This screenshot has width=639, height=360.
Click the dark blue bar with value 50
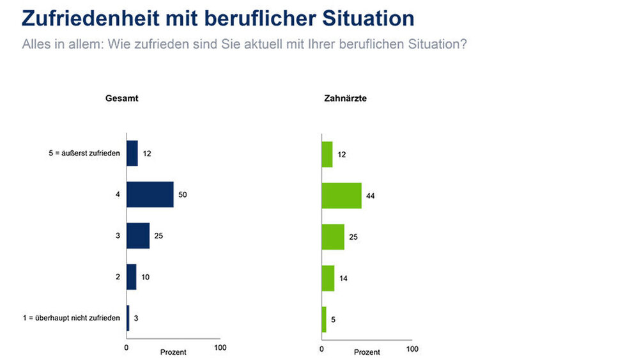[x=150, y=194]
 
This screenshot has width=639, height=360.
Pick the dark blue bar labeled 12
[x=132, y=153]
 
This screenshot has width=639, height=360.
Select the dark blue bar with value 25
[x=138, y=236]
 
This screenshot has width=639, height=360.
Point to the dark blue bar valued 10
[x=132, y=277]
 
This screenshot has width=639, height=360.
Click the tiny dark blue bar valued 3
[x=128, y=318]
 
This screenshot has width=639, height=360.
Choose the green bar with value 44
[x=341, y=195]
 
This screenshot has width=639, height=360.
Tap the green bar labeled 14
[x=328, y=278]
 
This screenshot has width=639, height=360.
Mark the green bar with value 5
[x=324, y=320]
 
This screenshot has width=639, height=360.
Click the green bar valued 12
[x=327, y=154]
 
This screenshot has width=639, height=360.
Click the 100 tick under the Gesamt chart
[x=220, y=348]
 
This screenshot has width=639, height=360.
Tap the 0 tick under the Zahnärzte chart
[x=321, y=349]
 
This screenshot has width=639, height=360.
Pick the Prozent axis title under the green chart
[x=367, y=352]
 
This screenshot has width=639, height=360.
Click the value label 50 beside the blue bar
[x=182, y=194]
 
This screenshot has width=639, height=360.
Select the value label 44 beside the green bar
[x=370, y=196]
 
